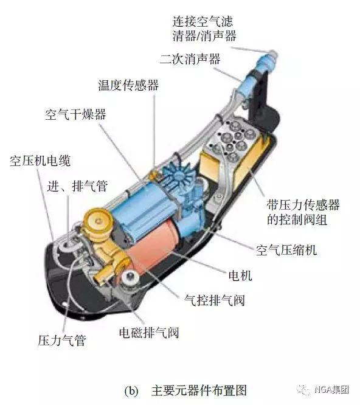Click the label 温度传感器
coord(128,85)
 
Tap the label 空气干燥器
coord(75,114)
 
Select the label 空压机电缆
coord(40,161)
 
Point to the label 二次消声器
coord(190,59)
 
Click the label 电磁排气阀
coord(149,333)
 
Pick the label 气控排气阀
coord(214,300)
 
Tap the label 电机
coord(240,275)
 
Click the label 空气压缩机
coord(286,250)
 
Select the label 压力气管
coord(61,341)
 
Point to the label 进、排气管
coord(77,185)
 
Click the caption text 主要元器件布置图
coord(199,390)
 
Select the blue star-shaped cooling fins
coord(178,175)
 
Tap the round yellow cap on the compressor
coord(99,220)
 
